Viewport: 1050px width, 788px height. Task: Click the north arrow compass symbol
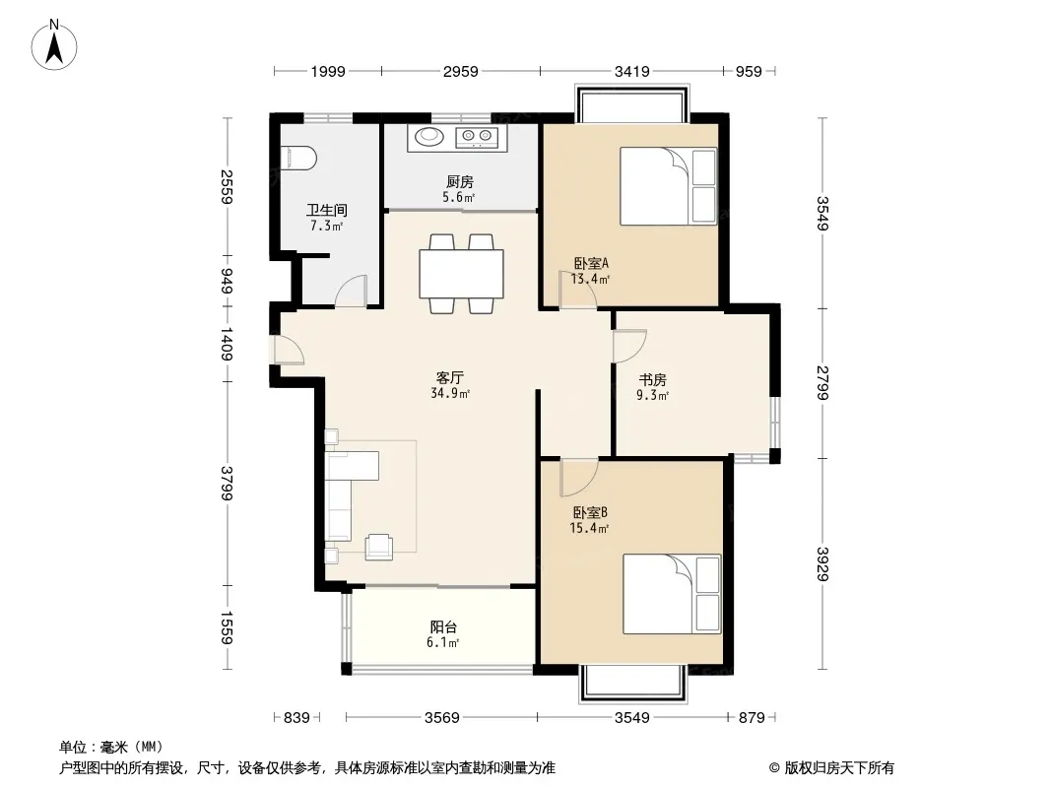53,45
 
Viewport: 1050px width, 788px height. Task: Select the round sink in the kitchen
429,137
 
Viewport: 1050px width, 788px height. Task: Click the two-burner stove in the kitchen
477,137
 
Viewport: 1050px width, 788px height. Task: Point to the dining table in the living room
461,273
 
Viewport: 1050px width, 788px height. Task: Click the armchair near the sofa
378,547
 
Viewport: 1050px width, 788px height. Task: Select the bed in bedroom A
668,186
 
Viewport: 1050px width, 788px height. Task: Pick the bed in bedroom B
672,594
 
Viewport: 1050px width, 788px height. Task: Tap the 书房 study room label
652,379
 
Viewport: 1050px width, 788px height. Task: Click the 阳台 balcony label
443,627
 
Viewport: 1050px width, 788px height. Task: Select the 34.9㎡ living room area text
450,394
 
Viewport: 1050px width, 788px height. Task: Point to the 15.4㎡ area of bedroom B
589,528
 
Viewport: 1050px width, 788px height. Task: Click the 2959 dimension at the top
461,71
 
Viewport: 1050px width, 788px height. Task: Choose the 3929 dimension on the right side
822,564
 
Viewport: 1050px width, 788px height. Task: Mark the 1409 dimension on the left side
227,344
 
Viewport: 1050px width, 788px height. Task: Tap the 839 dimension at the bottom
296,718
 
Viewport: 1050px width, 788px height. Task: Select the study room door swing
629,346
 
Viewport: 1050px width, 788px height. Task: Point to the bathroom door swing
351,291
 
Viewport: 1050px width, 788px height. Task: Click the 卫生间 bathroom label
327,210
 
